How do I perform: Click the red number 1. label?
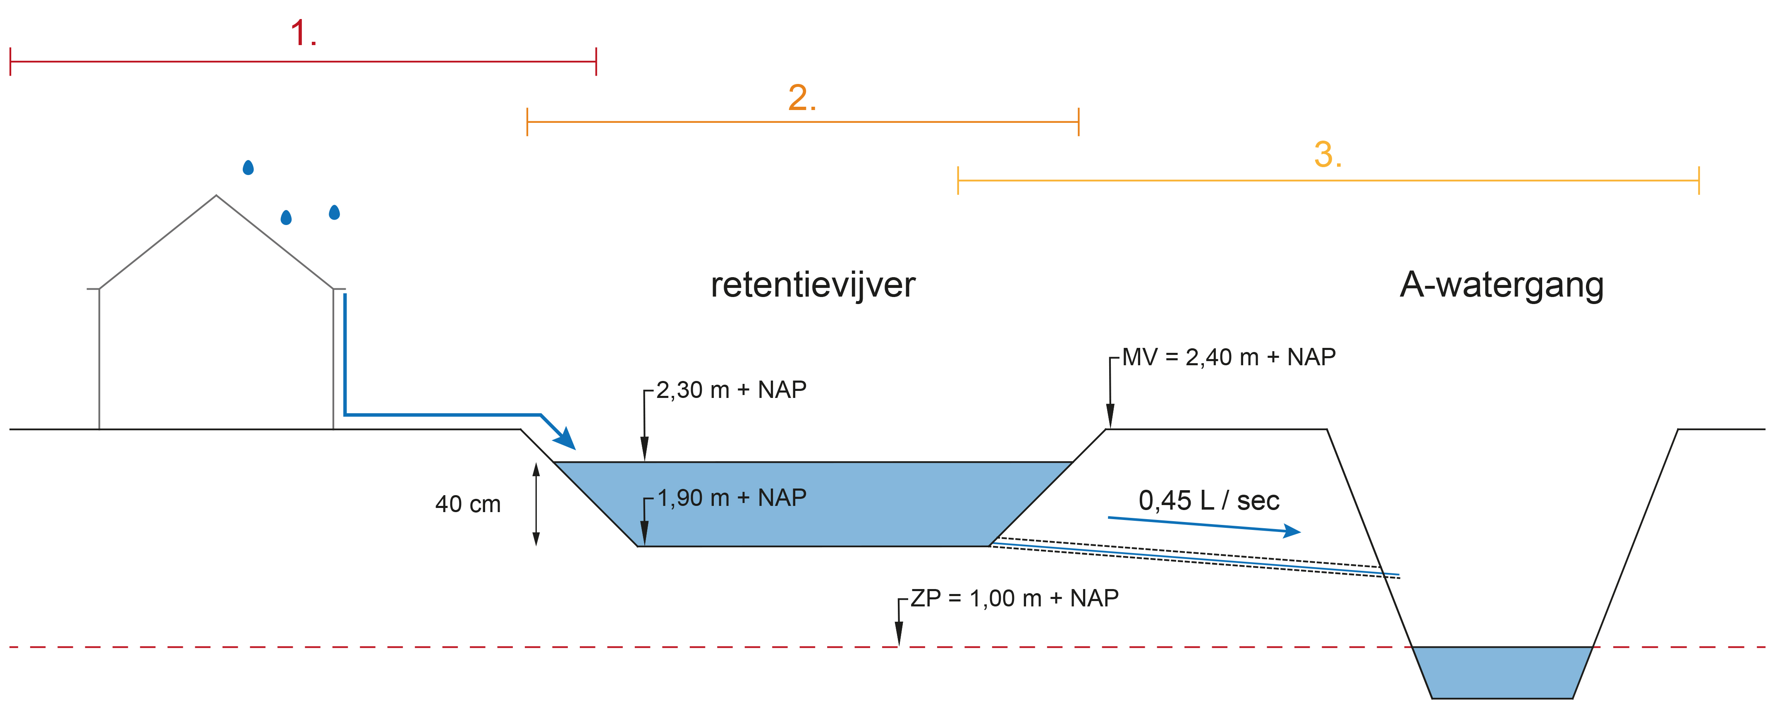coord(303,33)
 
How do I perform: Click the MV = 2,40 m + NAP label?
coord(1229,357)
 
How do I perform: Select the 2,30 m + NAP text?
coord(731,390)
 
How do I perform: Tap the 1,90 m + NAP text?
coord(732,498)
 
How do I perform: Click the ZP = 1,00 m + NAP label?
coord(1014,598)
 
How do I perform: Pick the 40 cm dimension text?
coord(468,504)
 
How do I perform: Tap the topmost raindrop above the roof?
coord(248,168)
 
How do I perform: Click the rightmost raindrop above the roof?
coord(334,212)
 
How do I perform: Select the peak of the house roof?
coord(216,196)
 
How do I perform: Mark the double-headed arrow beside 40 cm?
coord(536,504)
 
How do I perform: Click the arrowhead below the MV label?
coord(1110,415)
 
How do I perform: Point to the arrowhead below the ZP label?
coord(899,633)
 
